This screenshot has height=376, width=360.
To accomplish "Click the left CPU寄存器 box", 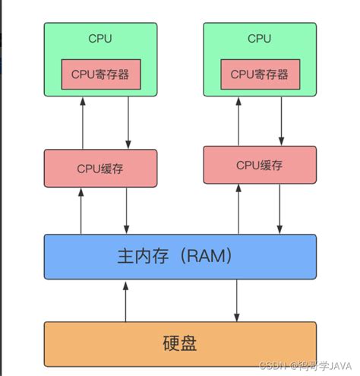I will coord(100,74).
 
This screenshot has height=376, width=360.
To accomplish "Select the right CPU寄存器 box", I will coord(260,74).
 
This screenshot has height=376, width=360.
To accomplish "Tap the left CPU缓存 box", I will coord(100,168).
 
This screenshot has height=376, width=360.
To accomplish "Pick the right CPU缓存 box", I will coord(260,165).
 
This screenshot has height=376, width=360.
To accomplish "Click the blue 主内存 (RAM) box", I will coord(180,256).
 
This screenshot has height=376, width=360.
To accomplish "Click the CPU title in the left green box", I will coord(100,38).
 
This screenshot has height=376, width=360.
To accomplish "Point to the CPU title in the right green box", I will coord(260,38).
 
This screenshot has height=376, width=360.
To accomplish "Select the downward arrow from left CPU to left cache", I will coord(128,122).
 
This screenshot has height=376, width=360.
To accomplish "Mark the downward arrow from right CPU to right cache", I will coord(282,121).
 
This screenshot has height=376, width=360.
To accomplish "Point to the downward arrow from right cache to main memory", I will coord(282,209).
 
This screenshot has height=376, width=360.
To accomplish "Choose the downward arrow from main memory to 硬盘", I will coord(237,299).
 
